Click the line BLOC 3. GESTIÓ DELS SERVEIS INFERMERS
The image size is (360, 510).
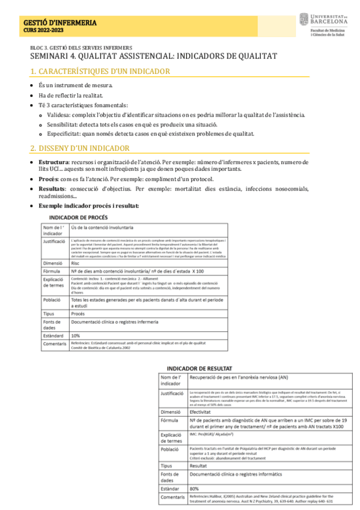click(81, 48)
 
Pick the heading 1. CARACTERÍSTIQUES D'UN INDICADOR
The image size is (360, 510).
click(100, 72)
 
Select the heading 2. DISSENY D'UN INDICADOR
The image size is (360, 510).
click(80, 148)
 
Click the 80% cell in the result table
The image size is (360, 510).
click(194, 488)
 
